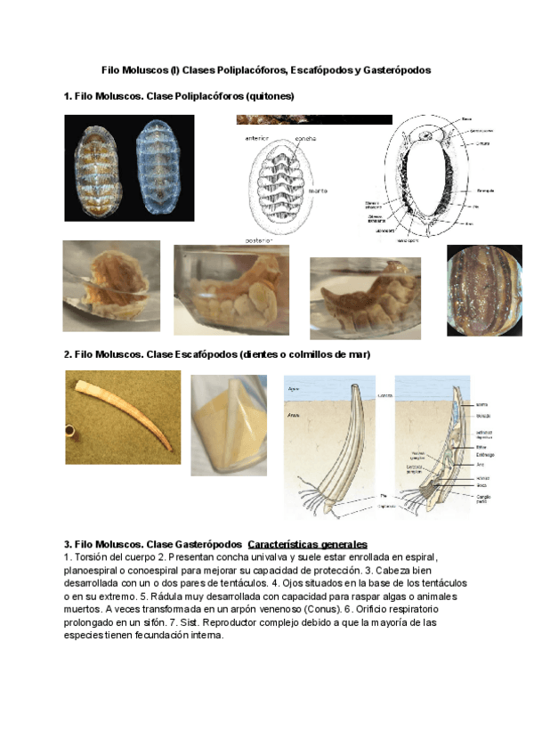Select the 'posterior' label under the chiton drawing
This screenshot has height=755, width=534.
258,239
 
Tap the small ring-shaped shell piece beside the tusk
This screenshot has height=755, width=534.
71,434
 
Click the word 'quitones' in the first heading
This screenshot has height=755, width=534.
269,95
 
